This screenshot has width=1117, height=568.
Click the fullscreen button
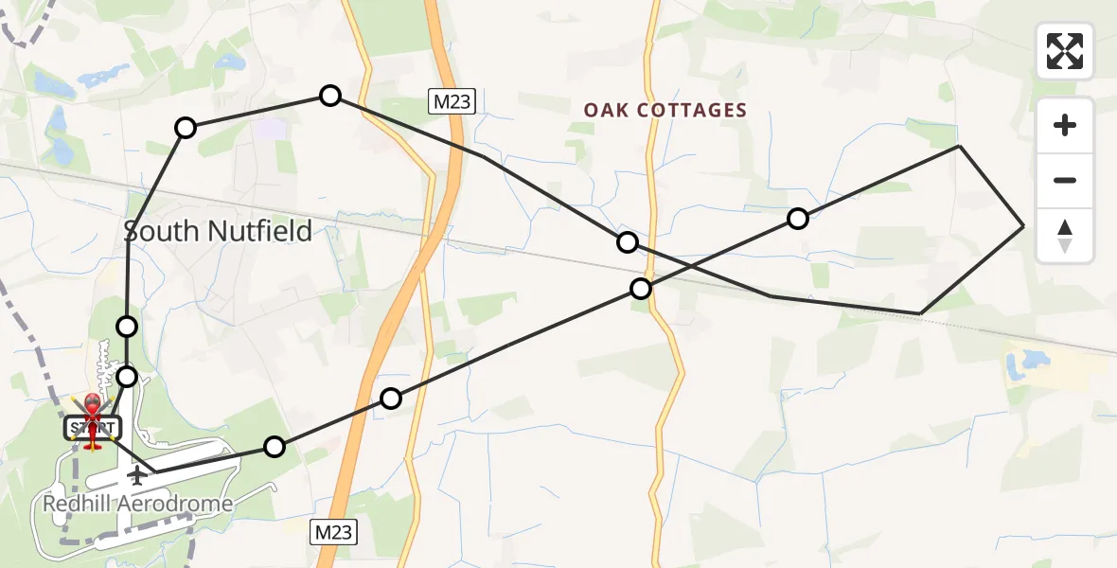[x=1065, y=51]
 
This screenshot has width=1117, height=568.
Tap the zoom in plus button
[x=1065, y=126]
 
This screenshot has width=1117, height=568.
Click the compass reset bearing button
[x=1065, y=236]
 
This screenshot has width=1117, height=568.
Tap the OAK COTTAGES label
[x=665, y=111]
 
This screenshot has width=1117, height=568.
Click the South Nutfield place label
[x=219, y=231]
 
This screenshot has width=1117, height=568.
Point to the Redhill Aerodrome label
[x=138, y=504]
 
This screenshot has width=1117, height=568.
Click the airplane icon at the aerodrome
[x=138, y=473]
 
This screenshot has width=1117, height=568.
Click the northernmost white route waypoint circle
[x=329, y=96]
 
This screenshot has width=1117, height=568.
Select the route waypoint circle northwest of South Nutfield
[x=186, y=128]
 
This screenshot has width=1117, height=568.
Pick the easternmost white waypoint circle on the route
[x=798, y=220]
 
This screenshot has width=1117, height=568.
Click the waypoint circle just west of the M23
[x=391, y=399]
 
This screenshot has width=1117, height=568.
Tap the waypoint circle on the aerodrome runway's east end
[x=274, y=447]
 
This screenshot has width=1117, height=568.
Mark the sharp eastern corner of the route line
[x=1023, y=226]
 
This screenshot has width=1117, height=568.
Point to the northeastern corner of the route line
[x=959, y=146]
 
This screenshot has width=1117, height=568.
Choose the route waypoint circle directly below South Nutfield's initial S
[x=127, y=327]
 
